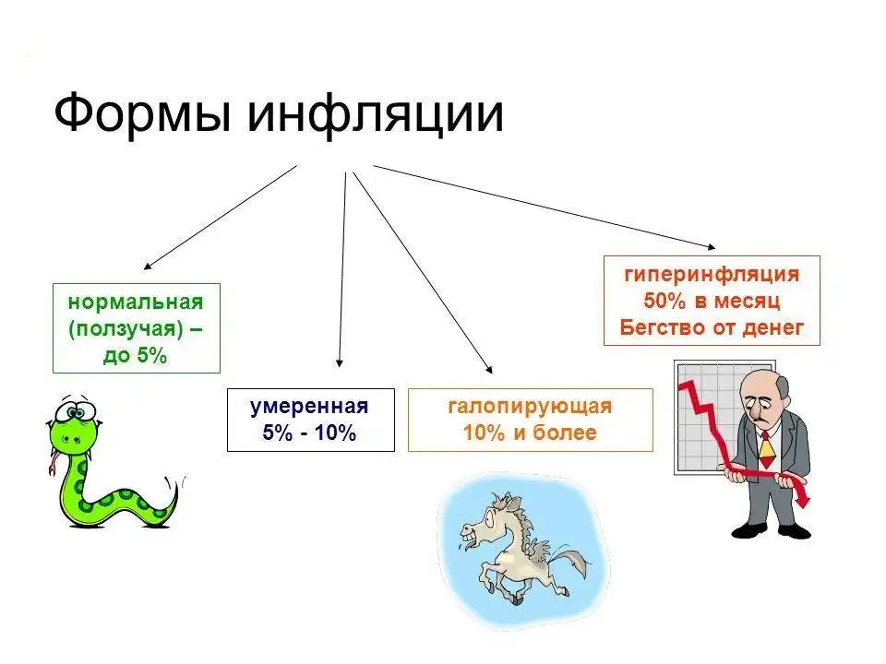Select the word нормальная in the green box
point(135,302)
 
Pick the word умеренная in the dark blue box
point(309,407)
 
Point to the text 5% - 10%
point(309,433)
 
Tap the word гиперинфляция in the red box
point(711,274)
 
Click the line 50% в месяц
point(711,301)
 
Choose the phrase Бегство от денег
point(711,326)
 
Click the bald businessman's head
point(765,392)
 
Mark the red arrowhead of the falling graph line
point(806,499)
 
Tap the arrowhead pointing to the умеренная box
point(340,363)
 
